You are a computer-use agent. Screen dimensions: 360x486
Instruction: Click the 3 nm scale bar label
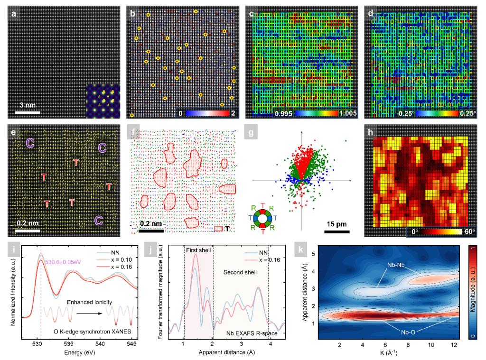coord(28,104)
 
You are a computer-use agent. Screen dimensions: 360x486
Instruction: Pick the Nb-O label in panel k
coord(396,330)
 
